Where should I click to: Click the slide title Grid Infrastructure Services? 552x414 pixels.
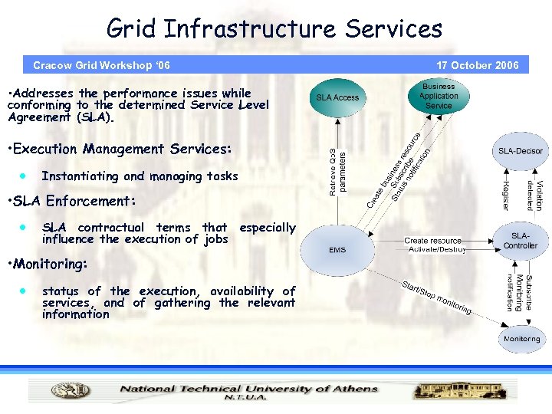[274, 29]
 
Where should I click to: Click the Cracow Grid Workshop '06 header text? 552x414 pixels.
[101, 65]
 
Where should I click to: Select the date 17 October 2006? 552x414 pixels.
[477, 65]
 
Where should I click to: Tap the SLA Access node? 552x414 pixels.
[337, 97]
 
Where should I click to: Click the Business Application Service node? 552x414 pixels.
[439, 96]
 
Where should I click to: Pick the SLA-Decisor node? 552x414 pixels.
[521, 151]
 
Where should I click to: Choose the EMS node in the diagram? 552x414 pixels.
[337, 250]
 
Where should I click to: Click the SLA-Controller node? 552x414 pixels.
[521, 241]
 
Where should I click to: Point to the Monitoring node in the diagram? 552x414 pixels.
[521, 338]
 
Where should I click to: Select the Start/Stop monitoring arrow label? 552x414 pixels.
[437, 298]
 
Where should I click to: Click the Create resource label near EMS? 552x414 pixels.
[433, 241]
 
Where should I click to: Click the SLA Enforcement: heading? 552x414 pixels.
[71, 202]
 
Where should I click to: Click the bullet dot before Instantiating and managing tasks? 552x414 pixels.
[24, 176]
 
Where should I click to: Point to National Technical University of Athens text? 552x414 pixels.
[249, 388]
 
